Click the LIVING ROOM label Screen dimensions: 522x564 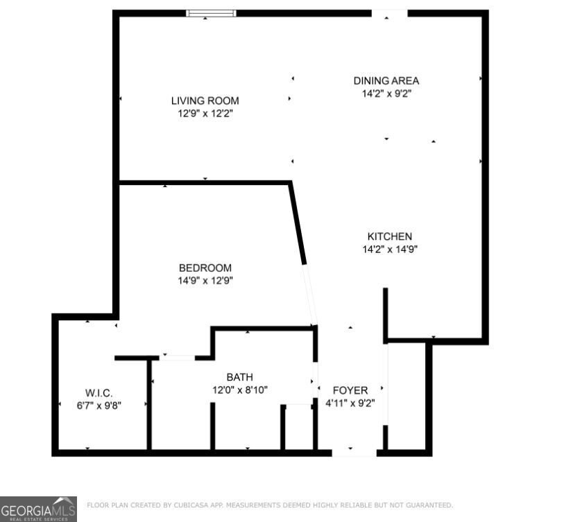click(x=205, y=101)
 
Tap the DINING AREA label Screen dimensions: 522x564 click(x=386, y=80)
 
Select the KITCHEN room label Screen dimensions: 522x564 click(x=389, y=236)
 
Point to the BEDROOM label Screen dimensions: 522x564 click(x=205, y=268)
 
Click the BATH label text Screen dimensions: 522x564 click(x=239, y=377)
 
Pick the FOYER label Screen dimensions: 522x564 click(x=350, y=390)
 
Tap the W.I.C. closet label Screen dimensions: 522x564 click(x=99, y=393)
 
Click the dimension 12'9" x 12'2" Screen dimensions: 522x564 click(x=205, y=113)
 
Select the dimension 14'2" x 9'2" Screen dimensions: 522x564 click(x=386, y=93)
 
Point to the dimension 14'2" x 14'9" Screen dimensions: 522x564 click(x=389, y=249)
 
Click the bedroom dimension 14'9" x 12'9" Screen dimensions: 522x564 click(x=205, y=281)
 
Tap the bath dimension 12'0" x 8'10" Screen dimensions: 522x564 click(x=239, y=390)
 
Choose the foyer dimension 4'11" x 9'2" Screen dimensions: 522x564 click(x=350, y=403)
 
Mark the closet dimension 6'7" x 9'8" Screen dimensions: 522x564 click(x=99, y=406)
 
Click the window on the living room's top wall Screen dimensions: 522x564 click(x=212, y=13)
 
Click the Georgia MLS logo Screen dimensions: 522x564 click(x=38, y=509)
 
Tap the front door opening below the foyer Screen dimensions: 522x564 click(x=354, y=453)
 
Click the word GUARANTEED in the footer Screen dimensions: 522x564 click(x=429, y=505)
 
